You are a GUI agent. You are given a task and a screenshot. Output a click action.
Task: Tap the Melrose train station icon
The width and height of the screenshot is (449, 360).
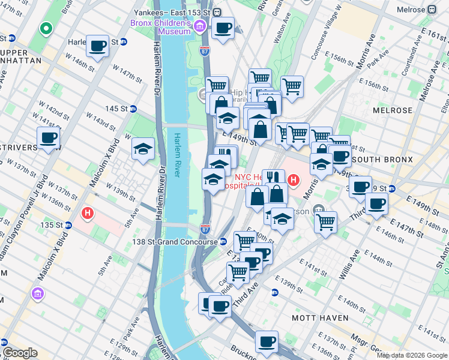(432, 11)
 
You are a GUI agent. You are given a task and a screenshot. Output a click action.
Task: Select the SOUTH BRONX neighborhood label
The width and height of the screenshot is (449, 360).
(384, 160)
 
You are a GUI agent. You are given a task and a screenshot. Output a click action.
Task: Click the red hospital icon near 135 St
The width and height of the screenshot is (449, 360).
(88, 213)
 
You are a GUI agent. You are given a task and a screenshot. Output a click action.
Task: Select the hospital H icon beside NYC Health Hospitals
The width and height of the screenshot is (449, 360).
(294, 179)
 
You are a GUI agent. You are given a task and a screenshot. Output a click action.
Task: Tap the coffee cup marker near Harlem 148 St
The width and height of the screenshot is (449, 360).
(97, 46)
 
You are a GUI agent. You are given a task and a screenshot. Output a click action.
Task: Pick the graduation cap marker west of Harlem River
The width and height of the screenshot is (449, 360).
(143, 150)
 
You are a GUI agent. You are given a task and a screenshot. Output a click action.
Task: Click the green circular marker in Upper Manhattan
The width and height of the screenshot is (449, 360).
(45, 28)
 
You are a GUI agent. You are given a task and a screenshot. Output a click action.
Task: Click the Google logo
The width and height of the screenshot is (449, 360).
(19, 353)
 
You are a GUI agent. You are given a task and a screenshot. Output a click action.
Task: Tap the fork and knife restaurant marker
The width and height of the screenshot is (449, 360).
(273, 177)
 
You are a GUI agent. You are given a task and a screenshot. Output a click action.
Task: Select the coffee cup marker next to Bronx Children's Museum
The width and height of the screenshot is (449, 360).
(223, 28)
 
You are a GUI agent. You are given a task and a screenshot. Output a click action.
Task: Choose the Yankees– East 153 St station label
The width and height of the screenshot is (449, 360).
(179, 12)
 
